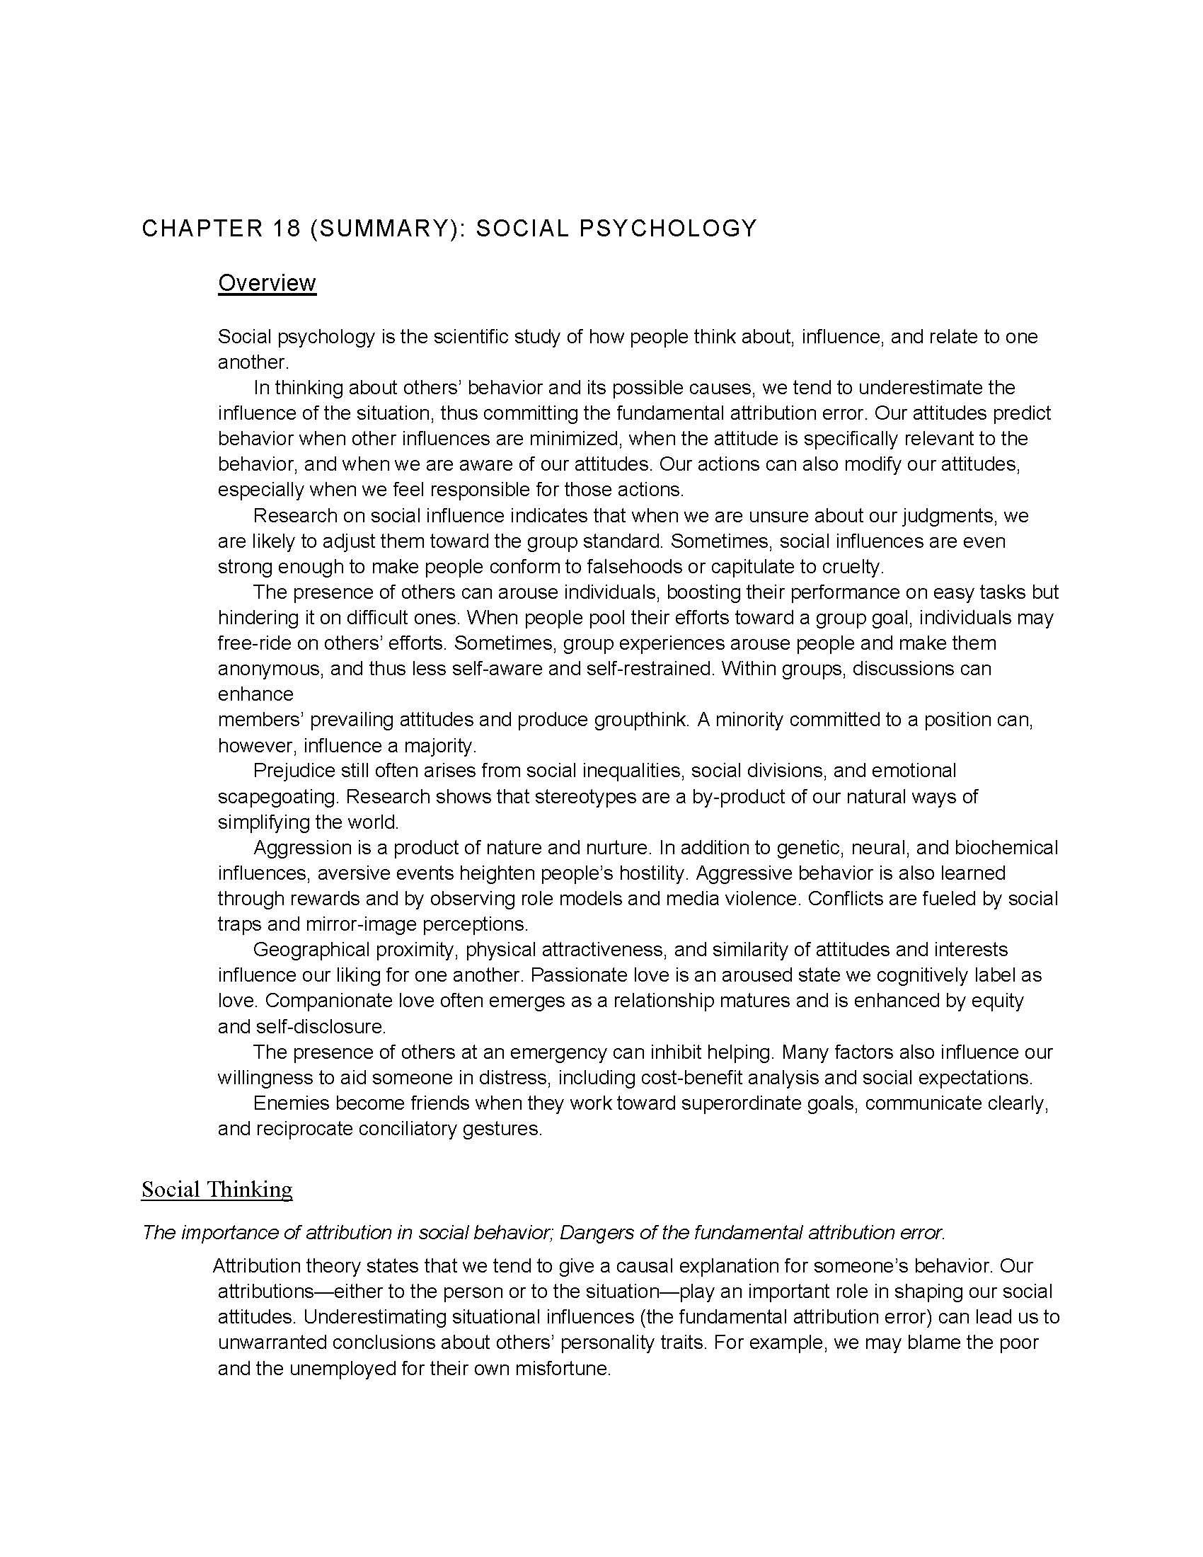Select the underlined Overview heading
tap(267, 283)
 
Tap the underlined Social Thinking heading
tap(217, 1189)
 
